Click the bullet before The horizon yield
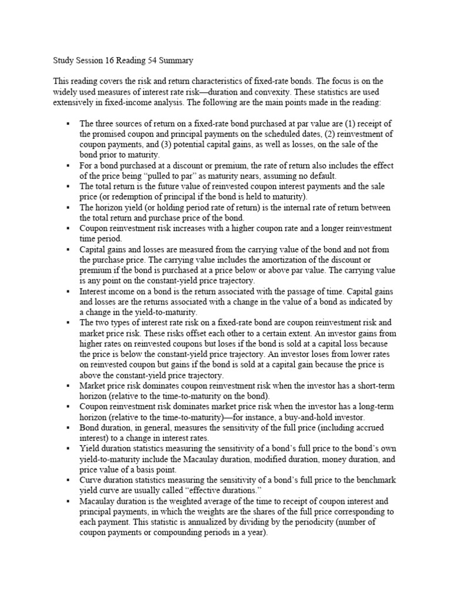click(69, 208)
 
